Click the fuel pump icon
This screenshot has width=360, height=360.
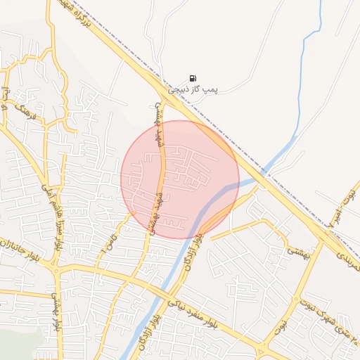(193, 79)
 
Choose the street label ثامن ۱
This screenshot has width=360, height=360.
(108, 243)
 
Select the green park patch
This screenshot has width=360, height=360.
(18, 345)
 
